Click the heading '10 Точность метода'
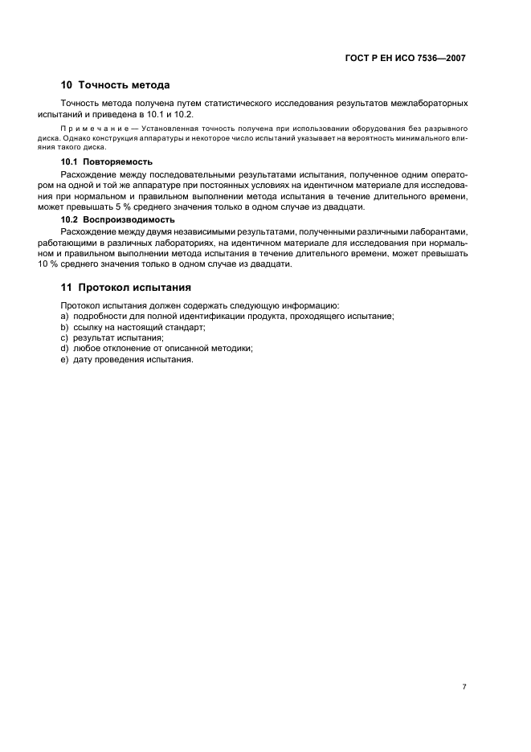[115, 85]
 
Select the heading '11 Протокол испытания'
[125, 287]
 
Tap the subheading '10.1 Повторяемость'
[107, 161]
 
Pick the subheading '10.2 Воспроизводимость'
[118, 219]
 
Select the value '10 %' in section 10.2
[71, 264]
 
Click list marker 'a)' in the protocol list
[64, 317]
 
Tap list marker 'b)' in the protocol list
[64, 327]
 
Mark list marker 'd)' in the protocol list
[64, 348]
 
